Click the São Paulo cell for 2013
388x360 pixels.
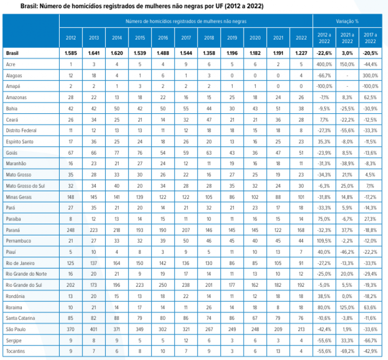click(94, 329)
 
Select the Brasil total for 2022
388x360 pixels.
click(301, 53)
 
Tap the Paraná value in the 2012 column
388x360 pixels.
click(71, 230)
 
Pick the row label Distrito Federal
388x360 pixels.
click(21, 130)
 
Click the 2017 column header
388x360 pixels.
click(186, 38)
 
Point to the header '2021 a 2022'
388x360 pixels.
click(347, 38)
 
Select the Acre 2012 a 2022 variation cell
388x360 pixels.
click(324, 64)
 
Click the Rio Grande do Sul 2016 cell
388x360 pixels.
click(163, 285)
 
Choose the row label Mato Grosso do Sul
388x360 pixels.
click(25, 186)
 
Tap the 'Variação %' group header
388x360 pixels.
click(347, 21)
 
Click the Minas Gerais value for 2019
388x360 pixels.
click(232, 197)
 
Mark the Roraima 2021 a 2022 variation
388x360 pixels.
click(347, 308)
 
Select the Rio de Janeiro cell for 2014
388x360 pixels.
click(117, 263)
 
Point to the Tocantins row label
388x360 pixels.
click(16, 351)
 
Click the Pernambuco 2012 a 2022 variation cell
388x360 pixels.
click(324, 241)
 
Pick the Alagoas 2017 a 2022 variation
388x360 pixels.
click(371, 76)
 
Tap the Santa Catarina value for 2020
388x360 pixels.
click(255, 318)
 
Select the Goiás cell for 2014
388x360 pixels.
click(117, 153)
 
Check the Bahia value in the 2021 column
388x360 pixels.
click(278, 109)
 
